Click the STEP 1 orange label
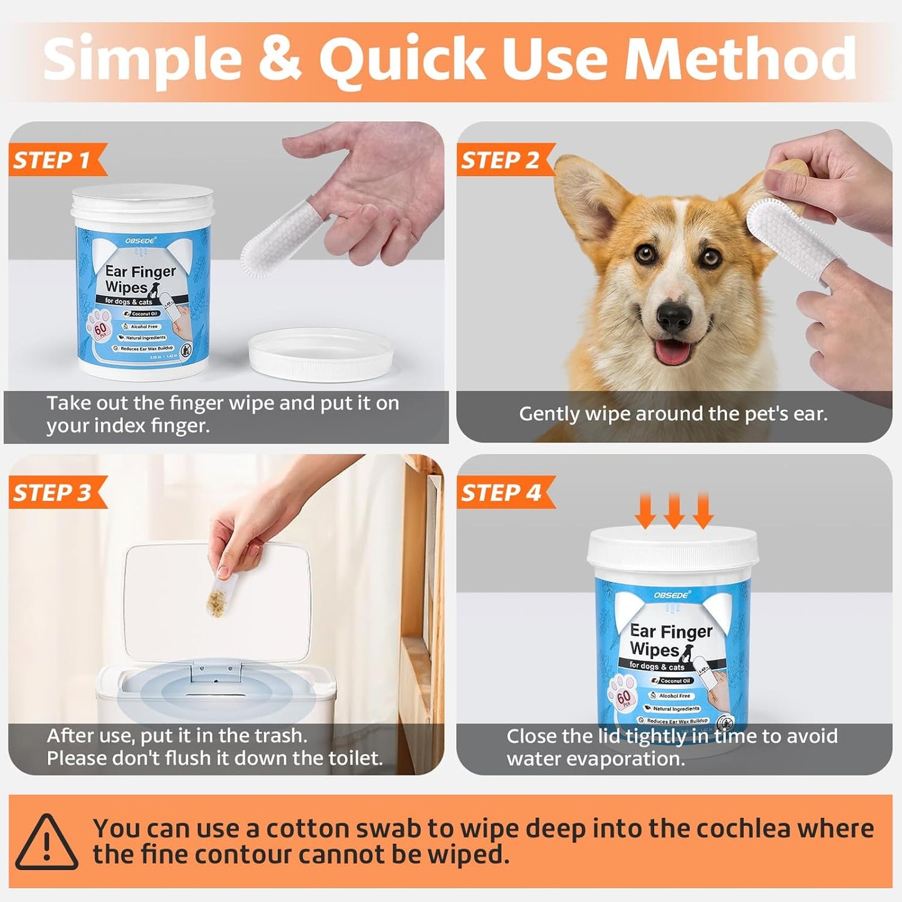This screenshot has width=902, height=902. tap(54, 160)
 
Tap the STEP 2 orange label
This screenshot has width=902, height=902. tap(501, 160)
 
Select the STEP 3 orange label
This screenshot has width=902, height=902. tap(54, 493)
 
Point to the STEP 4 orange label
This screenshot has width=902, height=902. tap(501, 493)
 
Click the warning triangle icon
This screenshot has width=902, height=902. tap(47, 842)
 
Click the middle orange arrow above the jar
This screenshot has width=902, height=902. tap(674, 511)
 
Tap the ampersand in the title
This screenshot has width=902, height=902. tap(279, 59)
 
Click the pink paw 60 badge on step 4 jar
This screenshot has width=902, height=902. tap(624, 698)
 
